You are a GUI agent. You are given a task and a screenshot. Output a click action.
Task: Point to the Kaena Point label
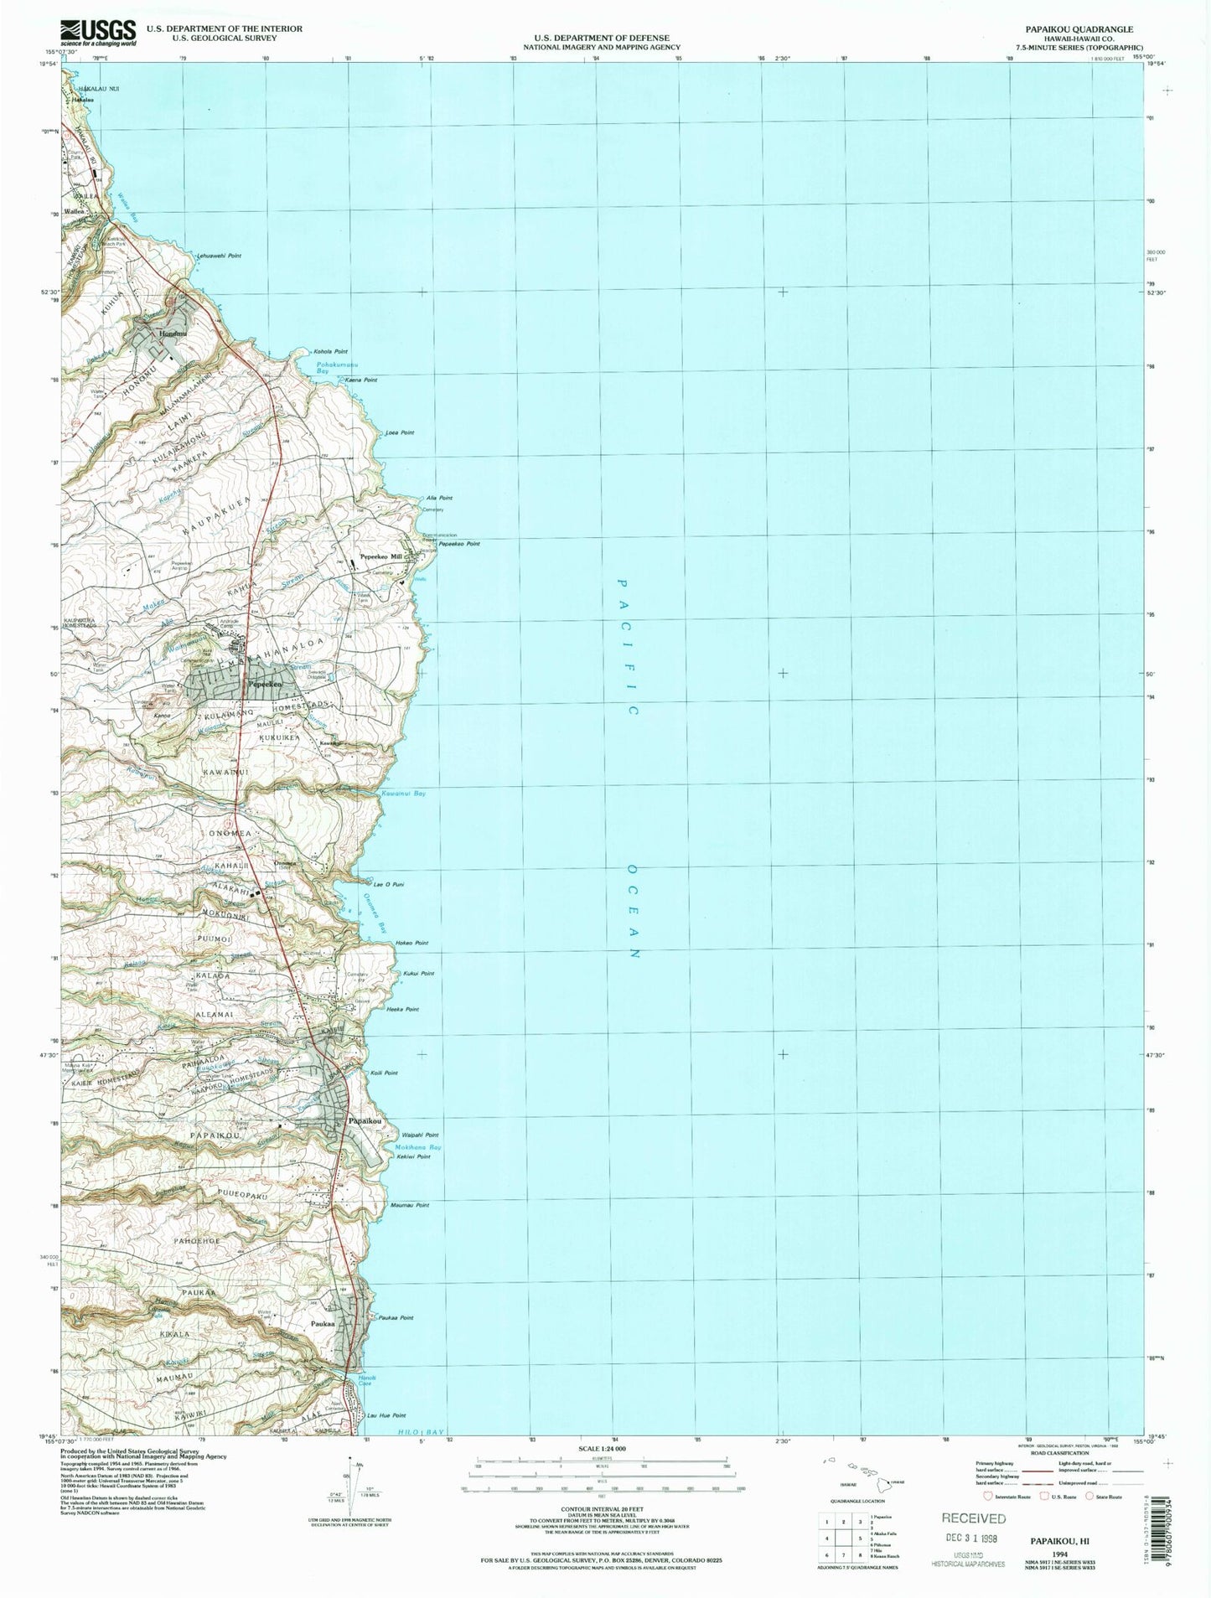click(361, 380)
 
